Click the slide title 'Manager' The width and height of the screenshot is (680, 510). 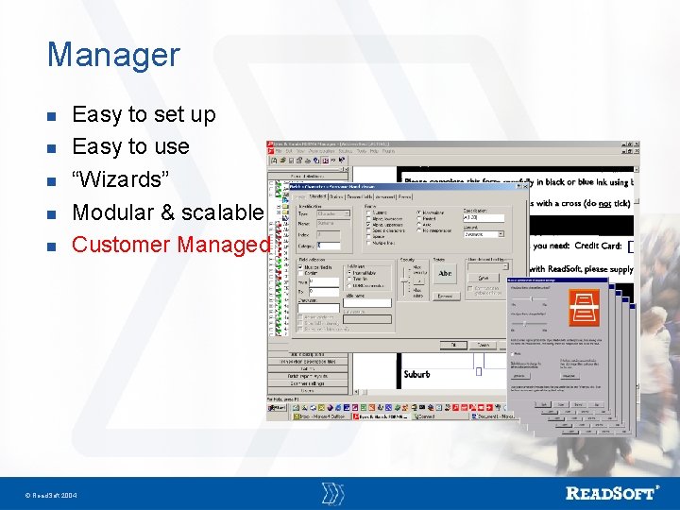coord(112,54)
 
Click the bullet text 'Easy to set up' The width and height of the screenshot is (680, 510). coord(144,114)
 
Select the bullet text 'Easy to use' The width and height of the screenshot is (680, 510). coord(130,146)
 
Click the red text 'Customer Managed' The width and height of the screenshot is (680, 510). coord(170,245)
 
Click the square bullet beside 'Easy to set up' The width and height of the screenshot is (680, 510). coord(53,116)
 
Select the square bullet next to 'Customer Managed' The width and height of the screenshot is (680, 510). coord(53,246)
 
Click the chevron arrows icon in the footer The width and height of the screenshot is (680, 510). coord(332,493)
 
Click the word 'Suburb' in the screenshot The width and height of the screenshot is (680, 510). coord(416,374)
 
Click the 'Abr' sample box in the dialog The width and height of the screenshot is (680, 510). coord(445,274)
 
